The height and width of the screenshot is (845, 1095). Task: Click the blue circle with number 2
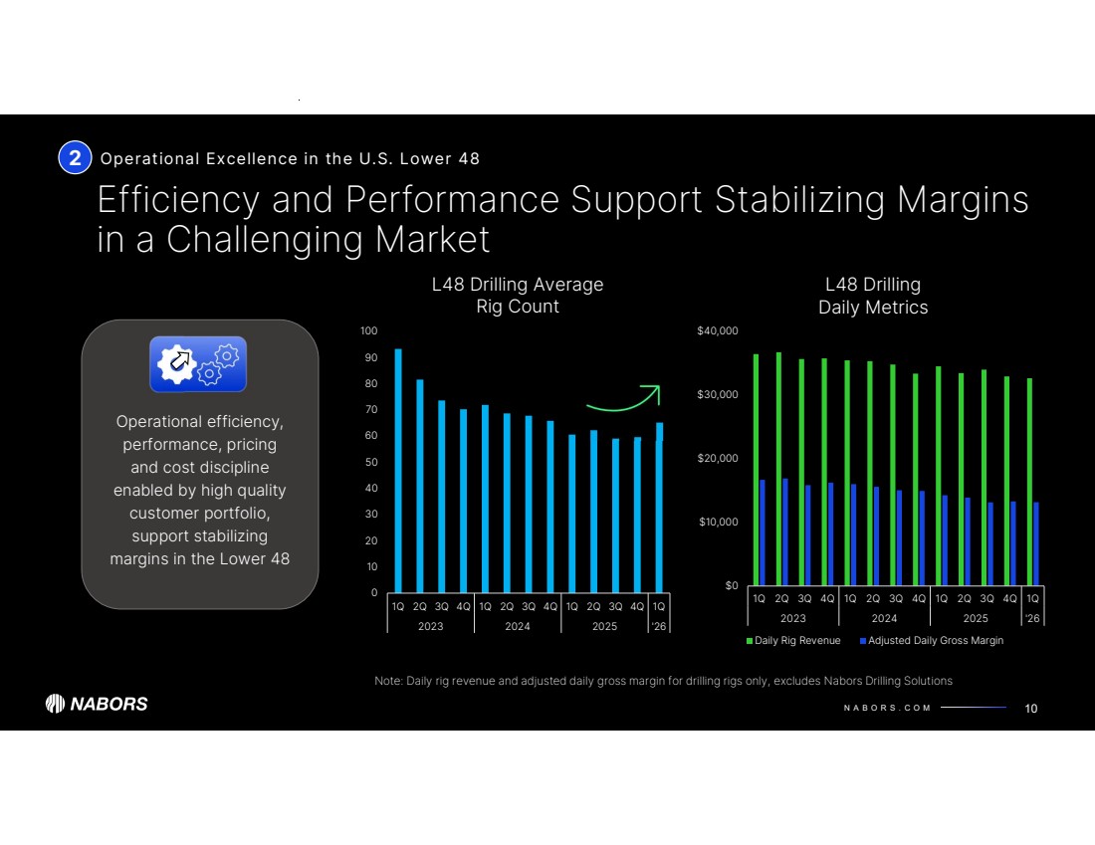coord(75,157)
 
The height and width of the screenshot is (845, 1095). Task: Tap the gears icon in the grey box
coord(198,364)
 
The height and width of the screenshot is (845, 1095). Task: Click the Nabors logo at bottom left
coord(97,704)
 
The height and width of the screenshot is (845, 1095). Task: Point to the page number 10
coord(1030,709)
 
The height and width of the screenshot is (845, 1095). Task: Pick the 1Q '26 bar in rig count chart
coord(659,508)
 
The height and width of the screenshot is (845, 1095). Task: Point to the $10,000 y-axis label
coord(717,522)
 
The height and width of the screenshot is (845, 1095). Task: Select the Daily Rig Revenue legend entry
coord(793,640)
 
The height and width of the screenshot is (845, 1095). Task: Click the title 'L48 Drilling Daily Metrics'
coord(872,296)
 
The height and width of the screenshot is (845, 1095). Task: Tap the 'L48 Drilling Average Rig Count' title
coord(517,295)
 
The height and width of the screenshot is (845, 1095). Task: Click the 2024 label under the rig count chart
coord(517,627)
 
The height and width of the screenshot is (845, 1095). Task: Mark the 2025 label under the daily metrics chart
coord(975,618)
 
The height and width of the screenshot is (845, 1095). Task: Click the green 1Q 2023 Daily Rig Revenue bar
coord(756,469)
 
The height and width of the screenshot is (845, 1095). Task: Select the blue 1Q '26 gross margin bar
coord(1036,543)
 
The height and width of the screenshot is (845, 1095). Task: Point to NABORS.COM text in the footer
coord(886,709)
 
